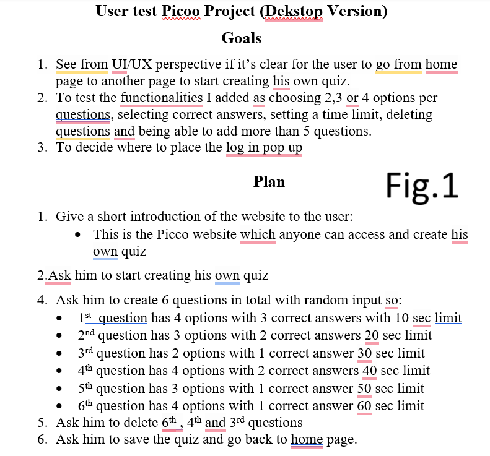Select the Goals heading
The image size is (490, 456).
[x=241, y=38]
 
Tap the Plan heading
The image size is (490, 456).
[x=269, y=182]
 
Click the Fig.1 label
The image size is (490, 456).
[x=422, y=184]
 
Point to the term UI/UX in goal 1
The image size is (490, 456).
[x=126, y=64]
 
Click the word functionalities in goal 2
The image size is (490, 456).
[x=162, y=98]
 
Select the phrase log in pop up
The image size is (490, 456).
[x=264, y=147]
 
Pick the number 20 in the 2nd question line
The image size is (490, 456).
[x=372, y=335]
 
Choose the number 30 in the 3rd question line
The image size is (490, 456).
[x=365, y=353]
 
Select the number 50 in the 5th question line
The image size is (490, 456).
[x=365, y=389]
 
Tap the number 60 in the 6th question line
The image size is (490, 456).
[x=365, y=406]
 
